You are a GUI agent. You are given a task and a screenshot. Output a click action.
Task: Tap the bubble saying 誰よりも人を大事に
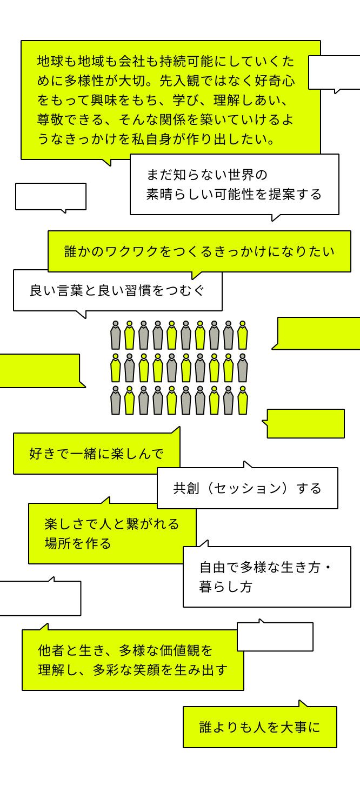pos(259,727)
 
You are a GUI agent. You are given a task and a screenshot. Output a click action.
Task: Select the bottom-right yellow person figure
pos(242,401)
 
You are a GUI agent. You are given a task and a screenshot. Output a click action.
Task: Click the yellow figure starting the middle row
pos(115,368)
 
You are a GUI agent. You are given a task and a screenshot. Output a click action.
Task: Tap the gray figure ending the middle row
pos(242,368)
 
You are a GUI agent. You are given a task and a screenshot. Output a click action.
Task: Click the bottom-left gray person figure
pos(115,401)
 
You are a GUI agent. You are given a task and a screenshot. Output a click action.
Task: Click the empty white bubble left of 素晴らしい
pos(51,196)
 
